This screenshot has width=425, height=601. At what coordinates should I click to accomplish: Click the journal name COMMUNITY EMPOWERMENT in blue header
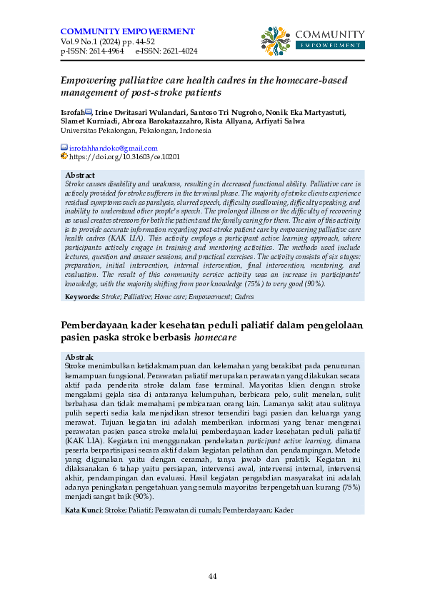pyautogui.click(x=128, y=31)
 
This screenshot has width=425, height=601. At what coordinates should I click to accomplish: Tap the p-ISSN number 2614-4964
pyautogui.click(x=104, y=51)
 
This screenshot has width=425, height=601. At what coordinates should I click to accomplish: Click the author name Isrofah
pyautogui.click(x=72, y=113)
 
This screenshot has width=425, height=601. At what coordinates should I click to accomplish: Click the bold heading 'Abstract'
pyautogui.click(x=80, y=176)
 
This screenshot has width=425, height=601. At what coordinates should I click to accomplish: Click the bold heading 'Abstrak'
pyautogui.click(x=79, y=356)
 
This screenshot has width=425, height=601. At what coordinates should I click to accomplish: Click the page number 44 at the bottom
pyautogui.click(x=212, y=576)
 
